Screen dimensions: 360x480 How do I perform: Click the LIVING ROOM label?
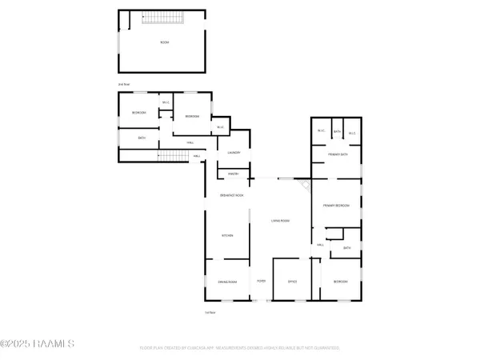tap(279, 221)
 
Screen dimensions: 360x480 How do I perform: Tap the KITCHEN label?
tap(227, 235)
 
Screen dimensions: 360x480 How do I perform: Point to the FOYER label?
tap(261, 282)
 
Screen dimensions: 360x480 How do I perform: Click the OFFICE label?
tap(292, 282)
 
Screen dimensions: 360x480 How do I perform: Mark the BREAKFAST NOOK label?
tap(232, 196)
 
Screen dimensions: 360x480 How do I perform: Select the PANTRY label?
tap(234, 174)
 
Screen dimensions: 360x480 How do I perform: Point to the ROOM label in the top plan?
tap(165, 42)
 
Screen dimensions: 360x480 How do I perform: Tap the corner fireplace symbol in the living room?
tap(305, 185)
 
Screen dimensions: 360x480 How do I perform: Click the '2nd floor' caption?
tap(124, 82)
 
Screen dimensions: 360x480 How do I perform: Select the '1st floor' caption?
tap(210, 312)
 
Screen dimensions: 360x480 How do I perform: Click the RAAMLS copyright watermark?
tap(38, 344)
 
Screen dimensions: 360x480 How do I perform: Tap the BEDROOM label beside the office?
tap(340, 282)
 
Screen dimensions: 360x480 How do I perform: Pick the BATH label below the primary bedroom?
tap(347, 248)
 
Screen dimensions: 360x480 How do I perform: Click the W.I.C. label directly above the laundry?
tap(220, 127)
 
